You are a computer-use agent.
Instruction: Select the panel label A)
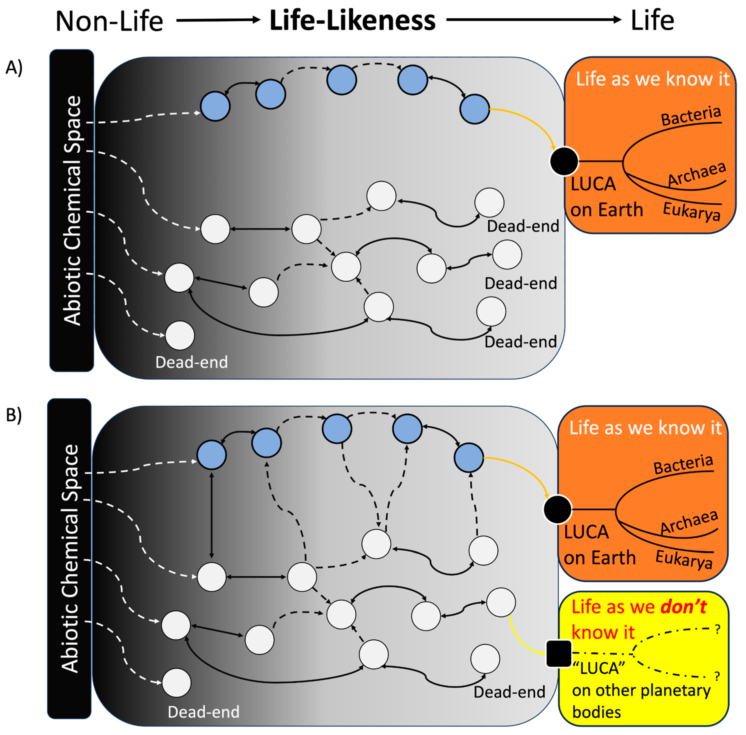click(x=14, y=68)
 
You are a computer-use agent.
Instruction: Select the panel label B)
click(x=14, y=415)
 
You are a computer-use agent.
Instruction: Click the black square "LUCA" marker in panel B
click(x=558, y=653)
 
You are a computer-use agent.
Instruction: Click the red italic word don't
click(x=683, y=607)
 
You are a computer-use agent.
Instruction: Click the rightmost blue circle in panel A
click(x=475, y=109)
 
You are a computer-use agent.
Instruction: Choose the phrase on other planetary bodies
click(x=641, y=701)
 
